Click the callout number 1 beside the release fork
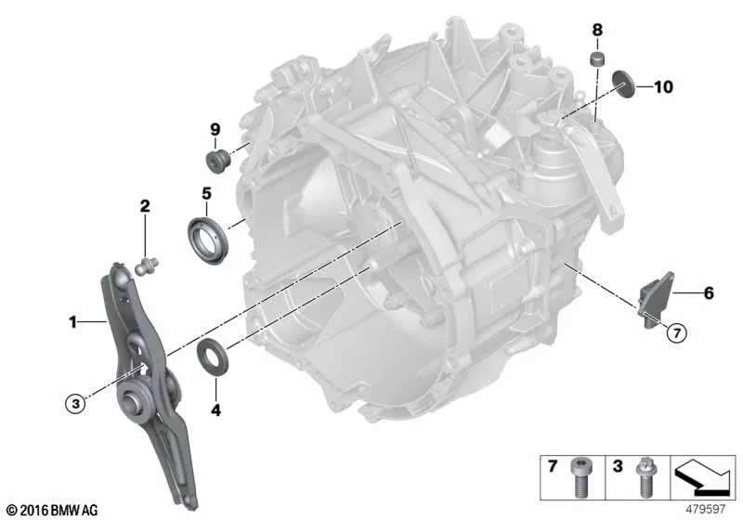[72, 323]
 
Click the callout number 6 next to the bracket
[708, 293]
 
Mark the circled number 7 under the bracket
[675, 331]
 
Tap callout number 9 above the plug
[214, 128]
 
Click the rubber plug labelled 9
[218, 162]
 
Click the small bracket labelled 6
[655, 297]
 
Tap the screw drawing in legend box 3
[641, 479]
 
